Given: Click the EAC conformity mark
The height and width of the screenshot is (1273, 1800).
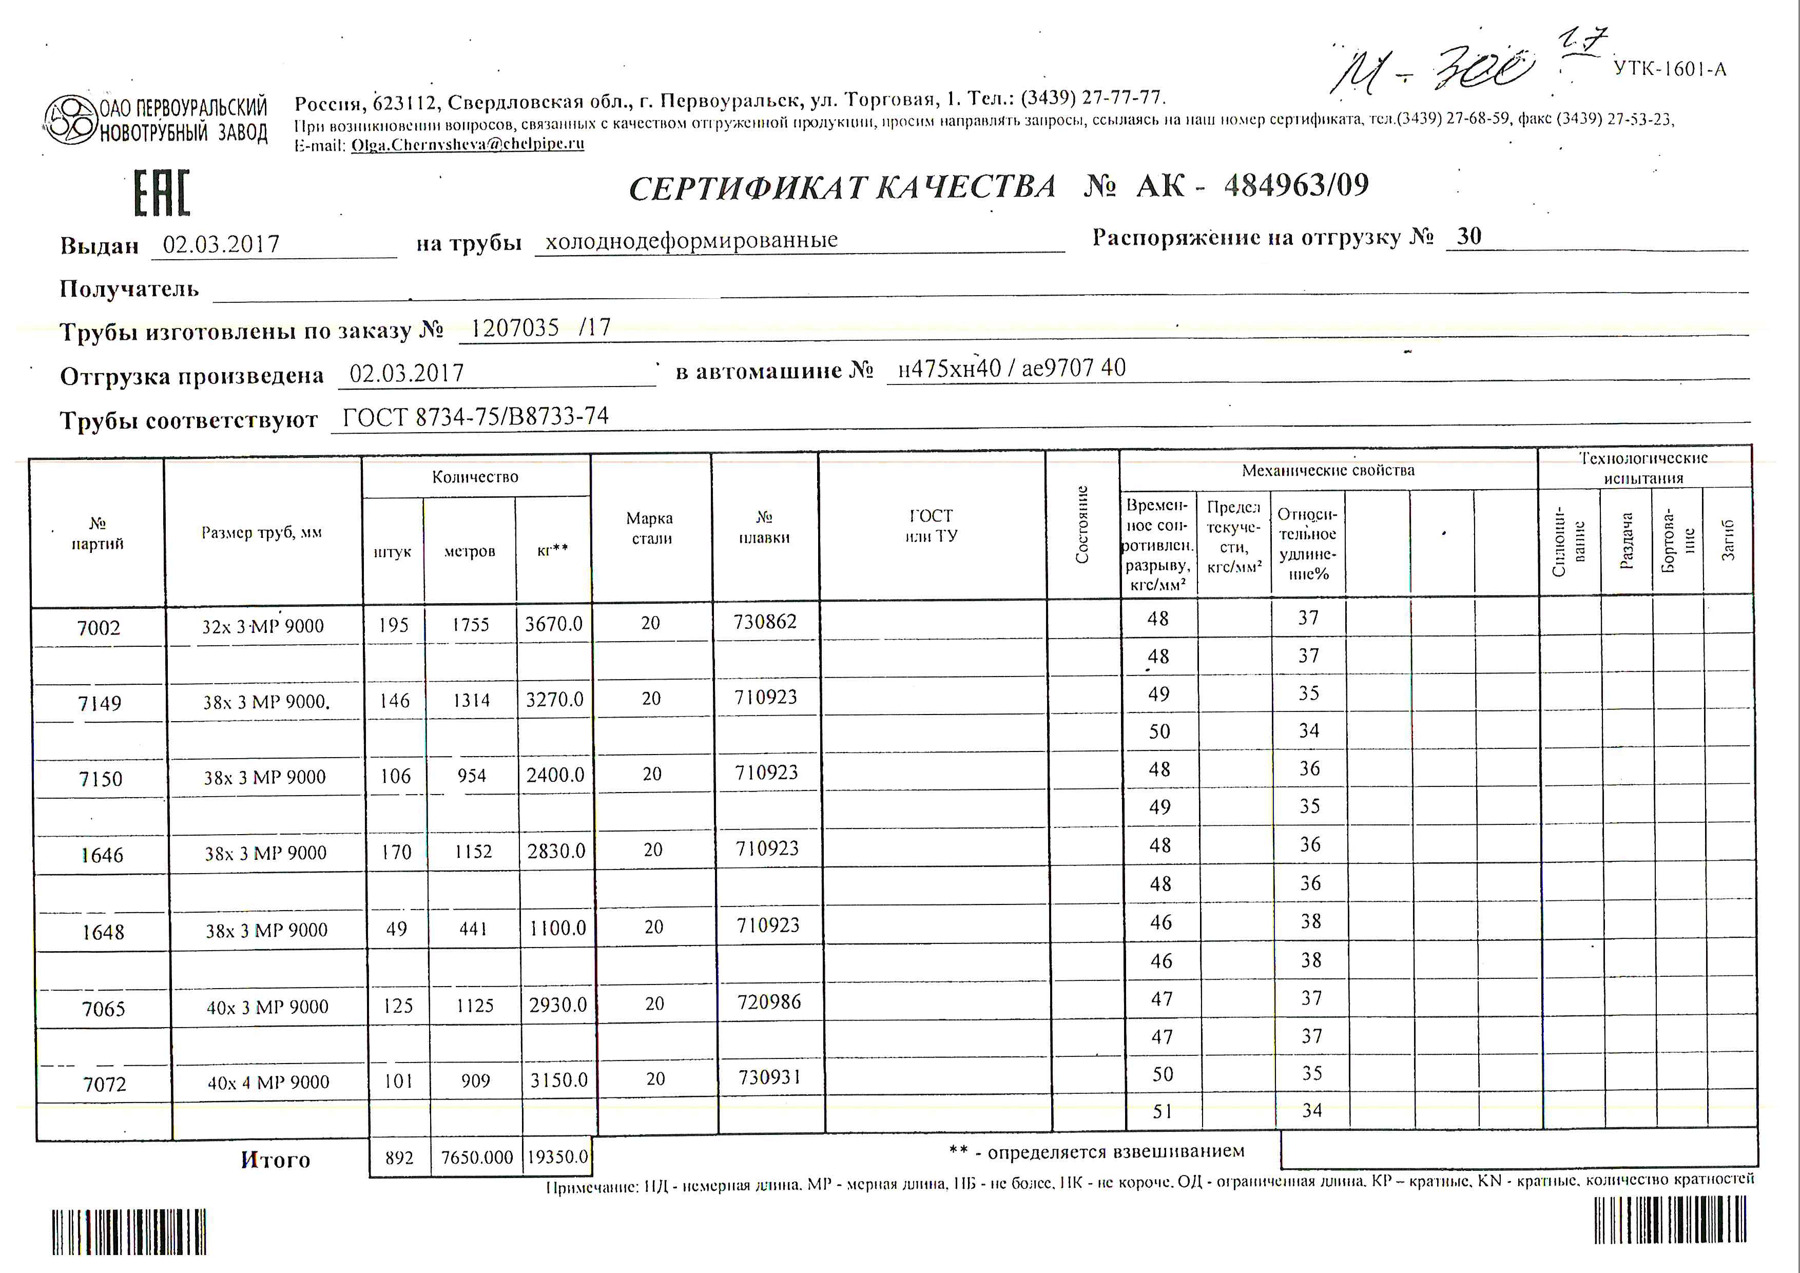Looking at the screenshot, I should tap(162, 193).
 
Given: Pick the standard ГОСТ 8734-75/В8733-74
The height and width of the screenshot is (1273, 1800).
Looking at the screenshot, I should tap(475, 417).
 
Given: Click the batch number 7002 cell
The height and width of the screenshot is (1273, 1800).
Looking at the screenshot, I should tap(99, 628).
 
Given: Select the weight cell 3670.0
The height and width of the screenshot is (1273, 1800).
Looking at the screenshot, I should tap(553, 624).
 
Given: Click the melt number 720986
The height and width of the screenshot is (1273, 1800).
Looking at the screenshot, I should tap(769, 1002).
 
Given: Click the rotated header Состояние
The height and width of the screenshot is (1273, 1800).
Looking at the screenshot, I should tap(1082, 525).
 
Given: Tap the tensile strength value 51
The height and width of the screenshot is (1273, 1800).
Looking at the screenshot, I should tap(1163, 1111).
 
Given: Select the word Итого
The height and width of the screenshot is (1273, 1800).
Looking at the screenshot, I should tap(275, 1160).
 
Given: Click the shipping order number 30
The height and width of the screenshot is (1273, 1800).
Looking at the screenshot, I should tap(1468, 237).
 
